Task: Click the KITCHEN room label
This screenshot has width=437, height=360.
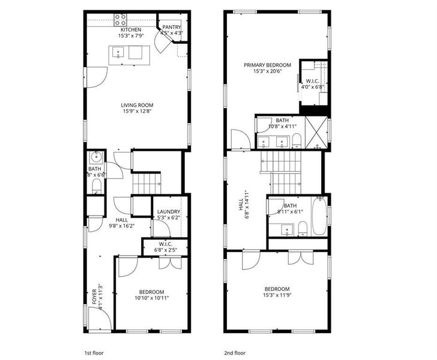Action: pos(131,30)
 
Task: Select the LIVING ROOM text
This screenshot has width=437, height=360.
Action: pos(137,106)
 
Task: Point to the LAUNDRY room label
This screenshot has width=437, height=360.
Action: pos(168,211)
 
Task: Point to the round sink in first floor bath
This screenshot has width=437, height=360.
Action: pos(95,158)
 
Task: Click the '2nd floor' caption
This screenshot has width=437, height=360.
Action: pos(234,353)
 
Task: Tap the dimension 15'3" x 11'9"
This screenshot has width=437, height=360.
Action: pos(277,295)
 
